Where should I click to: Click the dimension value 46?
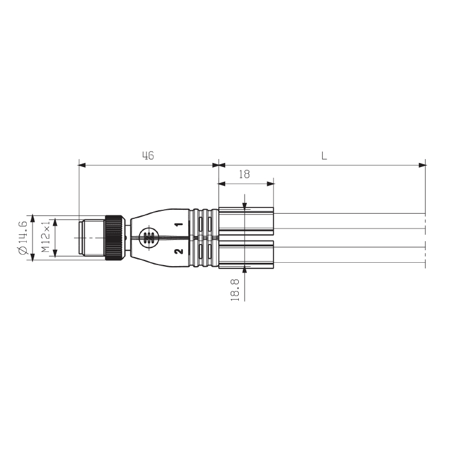148,156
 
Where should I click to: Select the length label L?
324,156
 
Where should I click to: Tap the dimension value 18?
245,174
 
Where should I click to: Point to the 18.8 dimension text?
235,290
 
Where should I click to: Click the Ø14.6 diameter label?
23,238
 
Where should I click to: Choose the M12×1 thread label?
46,236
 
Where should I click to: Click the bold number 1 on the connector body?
180,224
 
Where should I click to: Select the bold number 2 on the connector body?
180,251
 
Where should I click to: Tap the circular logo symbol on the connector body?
149,238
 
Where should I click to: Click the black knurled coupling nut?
113,238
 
